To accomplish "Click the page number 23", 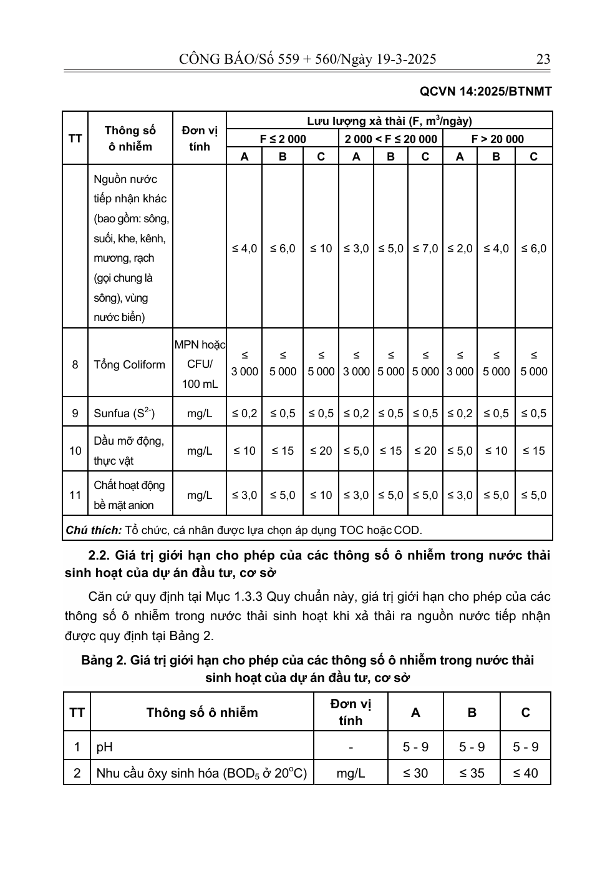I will pos(543,59).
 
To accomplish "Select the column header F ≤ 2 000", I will pos(283,139).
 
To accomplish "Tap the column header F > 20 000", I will pos(497,139).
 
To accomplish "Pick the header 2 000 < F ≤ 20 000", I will pos(390,139).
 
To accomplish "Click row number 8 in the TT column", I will pos(75,365).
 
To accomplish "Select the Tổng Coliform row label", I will pos(129,365).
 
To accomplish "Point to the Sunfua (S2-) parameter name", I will pos(124,413).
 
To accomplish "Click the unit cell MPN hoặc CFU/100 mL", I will pos(200,364).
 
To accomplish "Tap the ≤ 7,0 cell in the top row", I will pos(425,249).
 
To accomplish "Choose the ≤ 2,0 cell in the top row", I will pos(460,249).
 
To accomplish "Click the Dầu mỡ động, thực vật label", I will pos(128,450).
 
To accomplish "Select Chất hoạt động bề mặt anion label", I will pos(129,495).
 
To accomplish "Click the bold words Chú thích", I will pos(94,530).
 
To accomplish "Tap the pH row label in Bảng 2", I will pos(105,747).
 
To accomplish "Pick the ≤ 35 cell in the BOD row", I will pos(472,773).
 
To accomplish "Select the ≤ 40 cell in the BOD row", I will pos(525,773).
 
